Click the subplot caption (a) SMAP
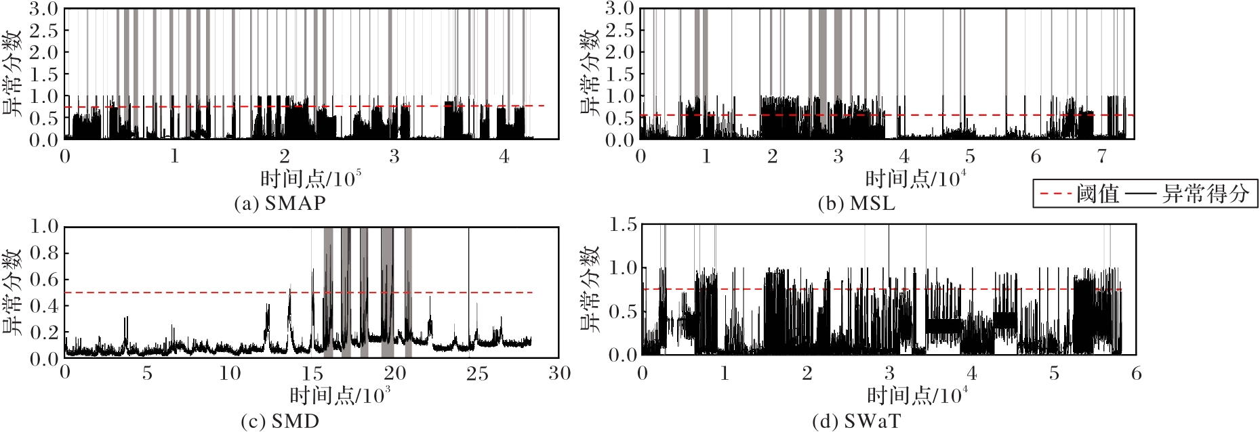pyautogui.click(x=279, y=203)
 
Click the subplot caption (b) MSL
pyautogui.click(x=856, y=203)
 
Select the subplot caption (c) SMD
pyautogui.click(x=279, y=421)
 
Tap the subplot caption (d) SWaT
pyautogui.click(x=856, y=421)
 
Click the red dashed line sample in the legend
pyautogui.click(x=1055, y=194)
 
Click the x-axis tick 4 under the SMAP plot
pyautogui.click(x=504, y=157)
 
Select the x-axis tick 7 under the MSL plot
pyautogui.click(x=1101, y=157)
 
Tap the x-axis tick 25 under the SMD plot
pyautogui.click(x=477, y=374)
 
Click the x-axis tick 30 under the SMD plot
pyautogui.click(x=559, y=374)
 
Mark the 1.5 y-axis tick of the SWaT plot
pyautogui.click(x=623, y=225)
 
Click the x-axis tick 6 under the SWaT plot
pyautogui.click(x=1136, y=374)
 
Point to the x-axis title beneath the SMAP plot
pyautogui.click(x=310, y=179)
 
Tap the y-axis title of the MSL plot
pyautogui.click(x=590, y=73)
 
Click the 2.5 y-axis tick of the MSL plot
pyautogui.click(x=620, y=30)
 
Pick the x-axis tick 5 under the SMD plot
pyautogui.click(x=147, y=374)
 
